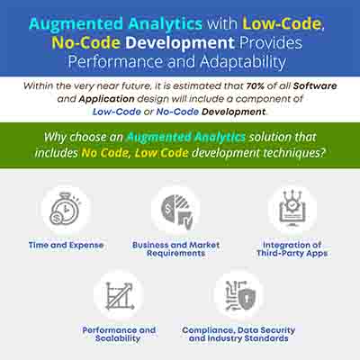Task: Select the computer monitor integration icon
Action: (292, 209)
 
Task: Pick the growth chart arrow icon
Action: (119, 296)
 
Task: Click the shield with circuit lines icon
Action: (240, 295)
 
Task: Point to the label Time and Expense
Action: (66, 245)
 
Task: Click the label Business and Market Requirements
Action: (176, 249)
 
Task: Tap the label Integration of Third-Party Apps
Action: (292, 249)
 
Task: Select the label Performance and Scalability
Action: (119, 334)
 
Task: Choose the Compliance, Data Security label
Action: (238, 330)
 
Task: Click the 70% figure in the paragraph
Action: (256, 86)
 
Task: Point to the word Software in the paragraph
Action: (315, 86)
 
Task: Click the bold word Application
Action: (106, 99)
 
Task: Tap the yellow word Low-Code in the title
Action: (282, 23)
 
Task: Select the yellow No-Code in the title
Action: (86, 42)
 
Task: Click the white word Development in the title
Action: (180, 43)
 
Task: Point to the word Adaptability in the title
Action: (243, 62)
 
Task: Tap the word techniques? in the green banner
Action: (294, 153)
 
